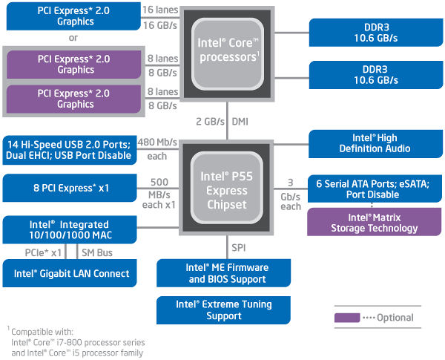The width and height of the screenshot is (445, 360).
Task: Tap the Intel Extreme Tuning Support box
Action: point(214,310)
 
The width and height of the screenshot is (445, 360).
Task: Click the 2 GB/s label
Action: point(209,120)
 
